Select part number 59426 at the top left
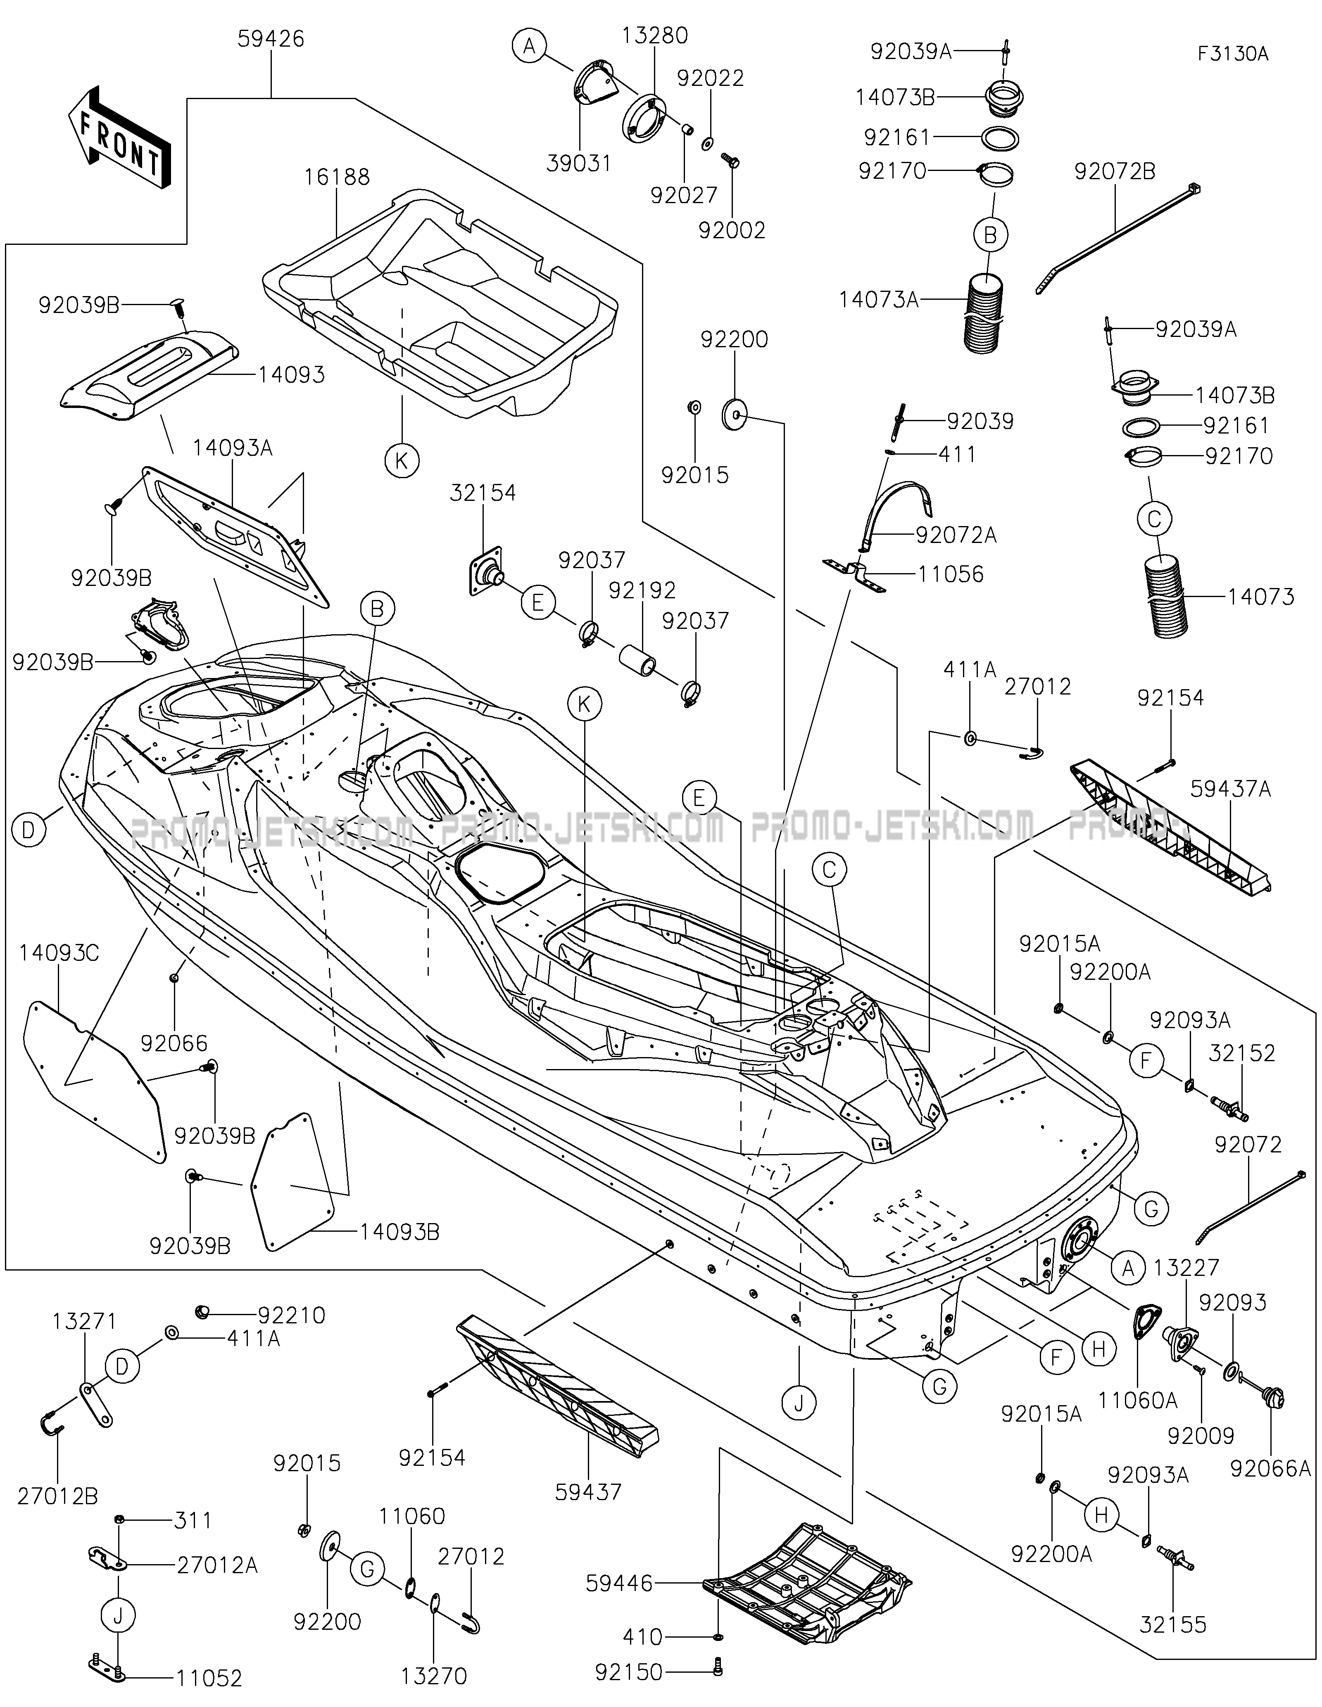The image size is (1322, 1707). (271, 38)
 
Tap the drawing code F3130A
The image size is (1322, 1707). (1232, 54)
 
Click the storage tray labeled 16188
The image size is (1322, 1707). (438, 305)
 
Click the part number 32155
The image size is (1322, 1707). (1173, 1626)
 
